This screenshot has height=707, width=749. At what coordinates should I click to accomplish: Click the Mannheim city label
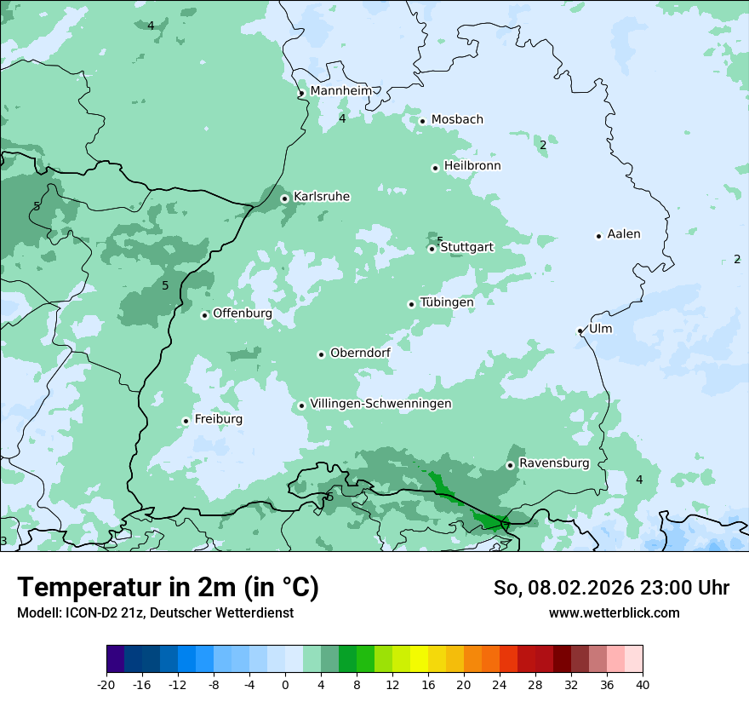[340, 91]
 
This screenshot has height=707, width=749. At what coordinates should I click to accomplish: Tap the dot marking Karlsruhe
[285, 198]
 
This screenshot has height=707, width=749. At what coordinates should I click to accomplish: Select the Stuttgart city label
[466, 247]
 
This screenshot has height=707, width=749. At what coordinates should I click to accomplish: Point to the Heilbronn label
[472, 166]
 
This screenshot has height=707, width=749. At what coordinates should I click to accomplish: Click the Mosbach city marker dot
[422, 121]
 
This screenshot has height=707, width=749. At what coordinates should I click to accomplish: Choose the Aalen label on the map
[624, 234]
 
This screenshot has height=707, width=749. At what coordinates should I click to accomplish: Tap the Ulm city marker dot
[580, 331]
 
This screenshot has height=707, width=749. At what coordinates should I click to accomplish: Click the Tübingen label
[447, 302]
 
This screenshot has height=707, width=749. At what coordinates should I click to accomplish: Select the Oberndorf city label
[360, 353]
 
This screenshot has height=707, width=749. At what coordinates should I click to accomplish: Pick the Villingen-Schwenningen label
[380, 404]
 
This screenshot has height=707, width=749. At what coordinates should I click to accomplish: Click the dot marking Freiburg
[186, 421]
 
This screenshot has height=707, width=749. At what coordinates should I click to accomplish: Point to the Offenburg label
[243, 313]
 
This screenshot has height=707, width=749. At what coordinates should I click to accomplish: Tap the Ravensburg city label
[554, 463]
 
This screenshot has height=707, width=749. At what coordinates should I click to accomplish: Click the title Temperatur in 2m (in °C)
[169, 588]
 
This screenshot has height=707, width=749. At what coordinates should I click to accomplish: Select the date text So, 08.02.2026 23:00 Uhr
[611, 588]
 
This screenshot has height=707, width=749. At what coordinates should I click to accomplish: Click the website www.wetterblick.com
[614, 612]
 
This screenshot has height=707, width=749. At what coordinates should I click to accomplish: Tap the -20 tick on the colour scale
[106, 684]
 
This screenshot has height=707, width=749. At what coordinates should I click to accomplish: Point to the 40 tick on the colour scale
[642, 684]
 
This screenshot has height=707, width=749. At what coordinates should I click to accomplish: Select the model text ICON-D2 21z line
[155, 612]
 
